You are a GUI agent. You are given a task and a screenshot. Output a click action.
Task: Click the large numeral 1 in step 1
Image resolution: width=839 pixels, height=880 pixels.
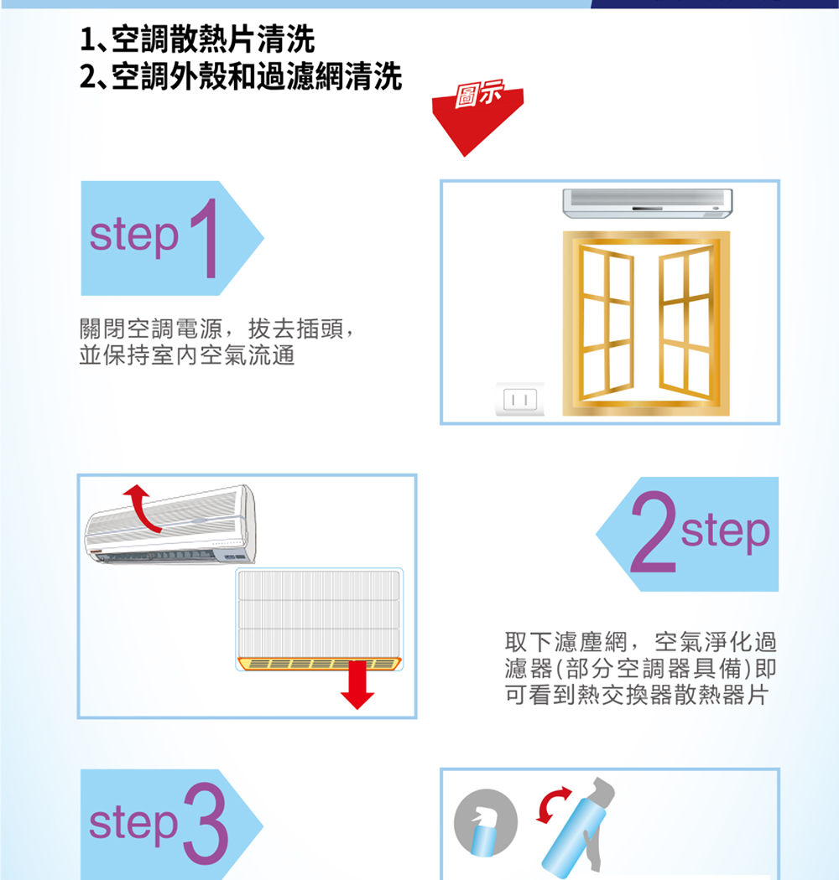point(206,238)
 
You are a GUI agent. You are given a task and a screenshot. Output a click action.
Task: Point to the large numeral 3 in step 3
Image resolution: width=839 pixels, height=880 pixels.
point(206,824)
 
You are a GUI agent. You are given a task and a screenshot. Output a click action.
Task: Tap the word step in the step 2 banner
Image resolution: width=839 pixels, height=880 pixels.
point(725,531)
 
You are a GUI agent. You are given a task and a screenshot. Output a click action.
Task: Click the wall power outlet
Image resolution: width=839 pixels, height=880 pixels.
point(520,399)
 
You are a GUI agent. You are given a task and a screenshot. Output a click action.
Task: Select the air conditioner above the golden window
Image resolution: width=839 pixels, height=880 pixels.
point(648,203)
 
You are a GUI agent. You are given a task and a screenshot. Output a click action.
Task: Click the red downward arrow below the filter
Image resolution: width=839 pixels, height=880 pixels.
point(357,685)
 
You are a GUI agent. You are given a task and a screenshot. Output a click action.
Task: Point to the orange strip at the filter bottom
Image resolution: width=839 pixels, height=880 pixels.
point(319,664)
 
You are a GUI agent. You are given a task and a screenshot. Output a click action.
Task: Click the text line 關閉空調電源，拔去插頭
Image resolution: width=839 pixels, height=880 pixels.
point(217,329)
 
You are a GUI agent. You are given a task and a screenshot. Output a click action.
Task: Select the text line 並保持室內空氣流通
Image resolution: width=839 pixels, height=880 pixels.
point(187,355)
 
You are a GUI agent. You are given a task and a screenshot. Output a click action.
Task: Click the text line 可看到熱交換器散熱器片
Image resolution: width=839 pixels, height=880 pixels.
point(636,696)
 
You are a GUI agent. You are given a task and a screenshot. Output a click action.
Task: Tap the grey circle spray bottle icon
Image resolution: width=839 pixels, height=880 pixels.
point(486,823)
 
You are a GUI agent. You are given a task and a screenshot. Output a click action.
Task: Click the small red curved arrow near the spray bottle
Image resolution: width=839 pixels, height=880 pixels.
point(551,805)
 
